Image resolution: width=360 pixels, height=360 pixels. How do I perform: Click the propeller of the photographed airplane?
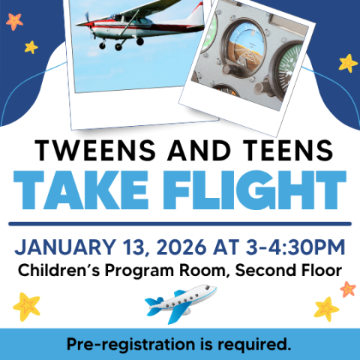88,22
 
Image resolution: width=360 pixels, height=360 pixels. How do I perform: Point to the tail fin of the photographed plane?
197,13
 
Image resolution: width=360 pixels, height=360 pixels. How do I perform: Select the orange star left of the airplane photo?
14,21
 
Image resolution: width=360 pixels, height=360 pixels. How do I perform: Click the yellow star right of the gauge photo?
347,62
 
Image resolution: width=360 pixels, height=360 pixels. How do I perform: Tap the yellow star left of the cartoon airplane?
26,305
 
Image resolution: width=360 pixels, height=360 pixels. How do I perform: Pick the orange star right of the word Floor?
347,289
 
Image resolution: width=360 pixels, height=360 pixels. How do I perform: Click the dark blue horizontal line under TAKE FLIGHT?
180,223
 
